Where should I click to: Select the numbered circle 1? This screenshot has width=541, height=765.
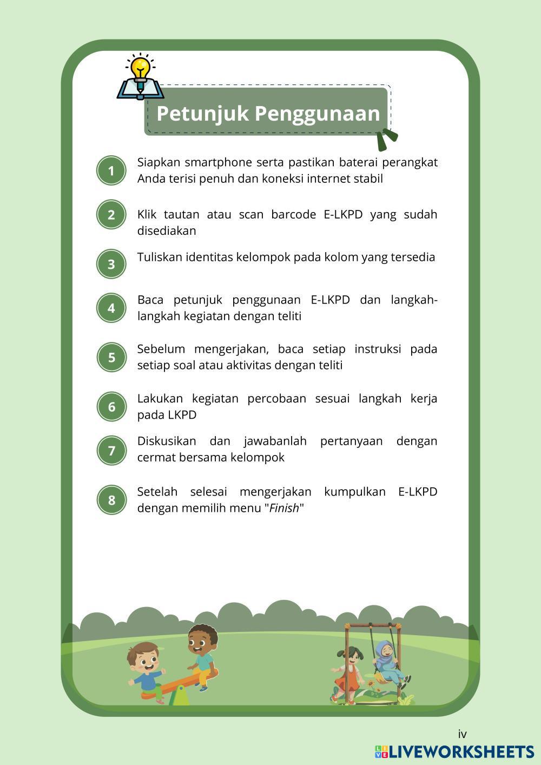[x=111, y=171]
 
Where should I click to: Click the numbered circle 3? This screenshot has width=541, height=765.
[x=111, y=264]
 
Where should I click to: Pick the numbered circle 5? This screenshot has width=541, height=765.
[x=111, y=357]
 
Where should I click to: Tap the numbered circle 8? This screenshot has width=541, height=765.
[x=111, y=500]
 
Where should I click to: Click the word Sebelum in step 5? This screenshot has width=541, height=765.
[x=161, y=349]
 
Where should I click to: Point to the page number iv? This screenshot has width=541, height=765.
[x=462, y=734]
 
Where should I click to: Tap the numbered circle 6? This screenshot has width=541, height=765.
[x=111, y=407]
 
